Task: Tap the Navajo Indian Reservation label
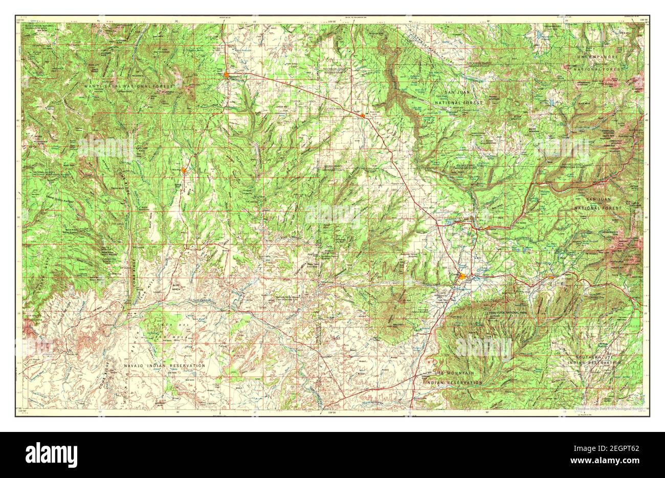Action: (x=164, y=365)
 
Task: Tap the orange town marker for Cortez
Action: (x=462, y=277)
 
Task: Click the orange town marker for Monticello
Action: (x=227, y=75)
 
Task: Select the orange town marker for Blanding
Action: (x=184, y=169)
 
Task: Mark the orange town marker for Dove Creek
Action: (x=362, y=116)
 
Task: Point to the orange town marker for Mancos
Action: (x=550, y=277)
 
